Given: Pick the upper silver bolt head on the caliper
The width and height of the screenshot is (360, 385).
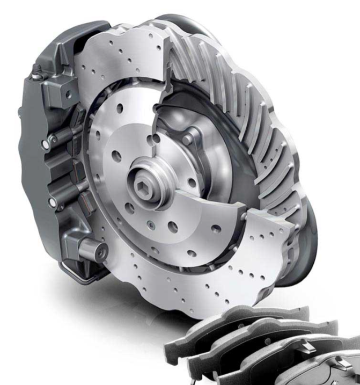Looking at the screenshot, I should [x=52, y=141].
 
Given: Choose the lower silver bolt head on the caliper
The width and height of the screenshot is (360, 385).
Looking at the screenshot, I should [x=52, y=202].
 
